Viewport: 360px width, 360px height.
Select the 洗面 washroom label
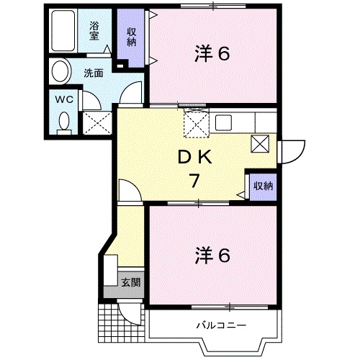pos(92,72)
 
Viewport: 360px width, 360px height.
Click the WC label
pos(61,99)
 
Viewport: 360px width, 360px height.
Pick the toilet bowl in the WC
pos(62,122)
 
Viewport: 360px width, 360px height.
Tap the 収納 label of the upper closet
pos(132,35)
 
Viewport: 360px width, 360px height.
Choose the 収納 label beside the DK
pos(263,186)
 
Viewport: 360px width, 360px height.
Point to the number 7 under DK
pos(194,180)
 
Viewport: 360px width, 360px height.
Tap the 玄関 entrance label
pos(130,282)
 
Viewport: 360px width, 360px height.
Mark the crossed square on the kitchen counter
pos(261,143)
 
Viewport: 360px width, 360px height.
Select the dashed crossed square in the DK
pos(195,124)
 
